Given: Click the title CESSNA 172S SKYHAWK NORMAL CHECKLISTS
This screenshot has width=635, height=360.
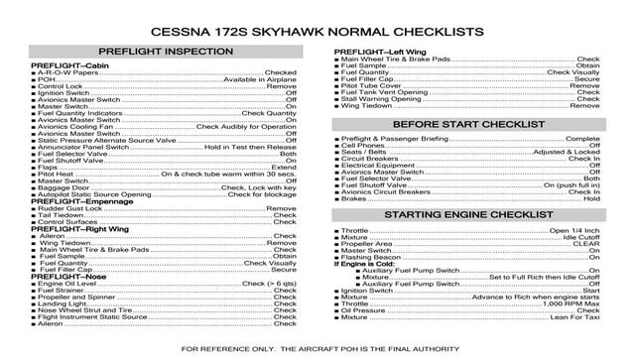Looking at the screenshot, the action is coord(317,32).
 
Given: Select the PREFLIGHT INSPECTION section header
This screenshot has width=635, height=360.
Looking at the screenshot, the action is coord(166,50).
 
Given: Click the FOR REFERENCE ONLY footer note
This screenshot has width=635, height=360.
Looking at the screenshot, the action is coord(317,349).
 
